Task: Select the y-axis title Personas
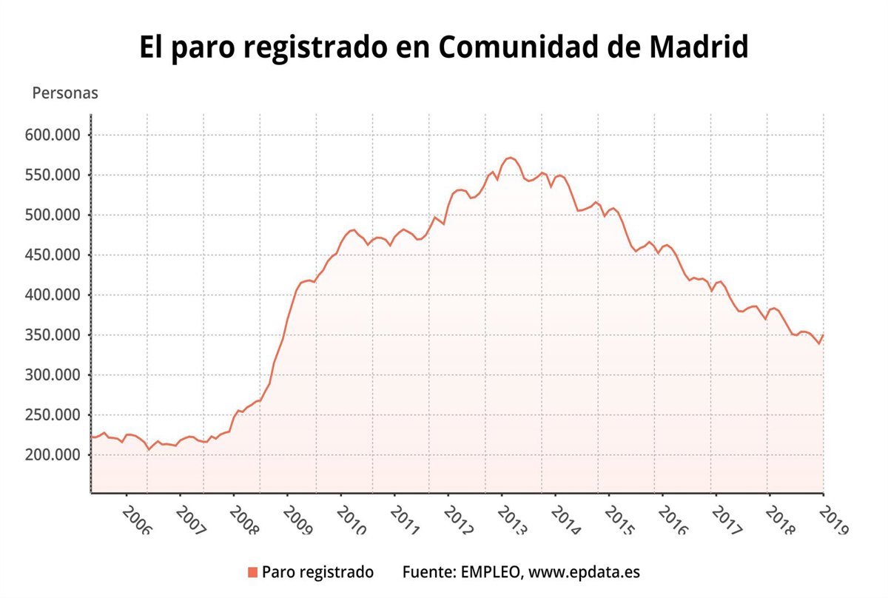[x=65, y=94]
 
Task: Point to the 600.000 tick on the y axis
[x=52, y=135]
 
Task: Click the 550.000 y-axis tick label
[x=52, y=175]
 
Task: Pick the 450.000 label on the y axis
[x=52, y=255]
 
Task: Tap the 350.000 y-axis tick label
[x=52, y=335]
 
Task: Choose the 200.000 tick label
[x=52, y=454]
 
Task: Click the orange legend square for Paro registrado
[x=252, y=572]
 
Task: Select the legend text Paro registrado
[x=318, y=572]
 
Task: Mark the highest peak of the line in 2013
[x=510, y=158]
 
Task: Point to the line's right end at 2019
[x=823, y=335]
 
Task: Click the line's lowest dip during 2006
[x=149, y=449]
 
